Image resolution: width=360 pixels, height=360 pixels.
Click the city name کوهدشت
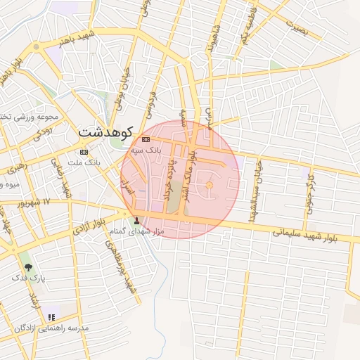pos(105,132)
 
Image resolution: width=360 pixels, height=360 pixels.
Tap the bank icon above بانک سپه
pos(146,140)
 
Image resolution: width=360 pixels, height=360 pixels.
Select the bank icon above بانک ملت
pos(84,152)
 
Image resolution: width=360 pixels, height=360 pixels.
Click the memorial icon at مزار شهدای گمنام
pos(137,221)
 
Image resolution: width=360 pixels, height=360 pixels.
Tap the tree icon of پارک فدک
pos(28,268)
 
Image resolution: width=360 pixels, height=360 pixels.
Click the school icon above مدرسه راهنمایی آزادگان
pos(51,318)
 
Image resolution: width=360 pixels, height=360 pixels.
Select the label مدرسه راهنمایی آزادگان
pos(51,328)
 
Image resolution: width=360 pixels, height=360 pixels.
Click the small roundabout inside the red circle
pos(209,185)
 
